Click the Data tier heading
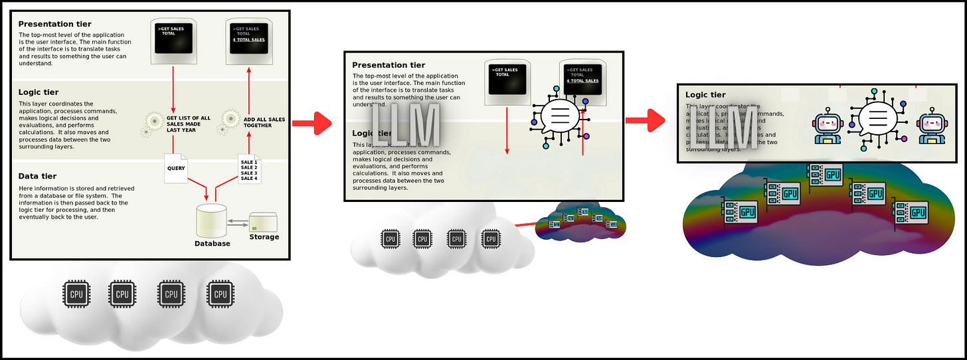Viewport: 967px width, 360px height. tap(37, 176)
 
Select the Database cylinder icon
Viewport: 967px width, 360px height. tap(212, 221)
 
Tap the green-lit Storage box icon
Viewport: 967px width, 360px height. tap(264, 223)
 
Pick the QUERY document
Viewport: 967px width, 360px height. tap(177, 169)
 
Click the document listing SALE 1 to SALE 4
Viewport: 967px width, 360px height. tap(248, 169)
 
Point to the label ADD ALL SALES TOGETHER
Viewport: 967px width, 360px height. tap(264, 122)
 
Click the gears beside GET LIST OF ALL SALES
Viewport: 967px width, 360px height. tap(153, 123)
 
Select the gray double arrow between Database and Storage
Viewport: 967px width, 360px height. tap(238, 223)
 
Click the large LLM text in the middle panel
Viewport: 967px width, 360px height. tap(406, 125)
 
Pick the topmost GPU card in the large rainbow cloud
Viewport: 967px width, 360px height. tap(823, 174)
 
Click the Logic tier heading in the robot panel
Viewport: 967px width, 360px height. tap(705, 95)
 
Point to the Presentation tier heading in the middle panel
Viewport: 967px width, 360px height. tap(389, 65)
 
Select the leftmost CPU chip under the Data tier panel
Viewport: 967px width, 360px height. tap(73, 293)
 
